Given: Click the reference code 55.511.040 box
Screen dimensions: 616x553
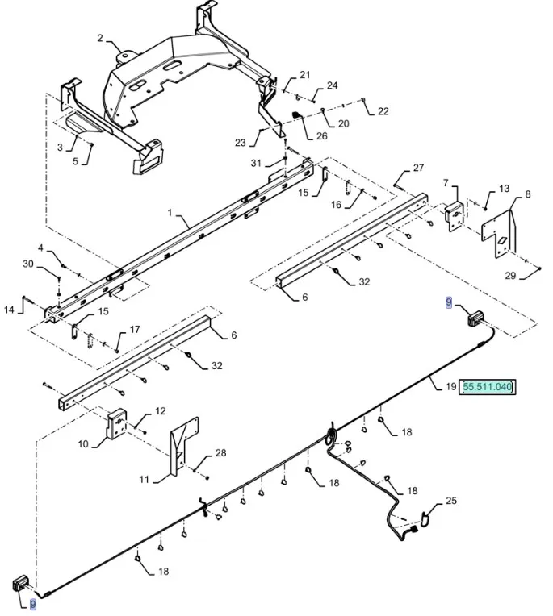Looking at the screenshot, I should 488,387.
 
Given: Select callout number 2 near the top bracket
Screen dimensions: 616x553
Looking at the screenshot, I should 100,38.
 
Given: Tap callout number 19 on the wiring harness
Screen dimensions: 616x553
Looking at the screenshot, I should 450,387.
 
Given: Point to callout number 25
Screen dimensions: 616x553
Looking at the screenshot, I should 450,501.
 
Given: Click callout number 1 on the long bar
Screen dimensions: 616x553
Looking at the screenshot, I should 170,213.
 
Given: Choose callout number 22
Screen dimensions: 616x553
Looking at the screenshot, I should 383,111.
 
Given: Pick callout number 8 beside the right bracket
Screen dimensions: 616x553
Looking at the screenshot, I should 528,194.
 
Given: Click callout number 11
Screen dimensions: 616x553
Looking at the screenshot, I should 144,480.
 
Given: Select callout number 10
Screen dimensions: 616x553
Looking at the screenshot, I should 83,444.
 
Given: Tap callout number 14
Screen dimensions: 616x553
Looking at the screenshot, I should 9,309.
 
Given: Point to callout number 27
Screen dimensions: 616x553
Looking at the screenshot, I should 418,168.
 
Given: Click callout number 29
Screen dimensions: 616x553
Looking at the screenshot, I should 509,276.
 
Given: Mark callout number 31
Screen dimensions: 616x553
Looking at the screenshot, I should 256,164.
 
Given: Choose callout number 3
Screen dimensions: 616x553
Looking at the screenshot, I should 60,148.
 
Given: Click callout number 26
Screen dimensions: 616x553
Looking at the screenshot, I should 321,136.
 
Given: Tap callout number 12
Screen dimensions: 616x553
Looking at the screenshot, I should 160,411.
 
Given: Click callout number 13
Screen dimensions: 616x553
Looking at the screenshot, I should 504,189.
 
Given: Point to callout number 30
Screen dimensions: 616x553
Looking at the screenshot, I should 27,264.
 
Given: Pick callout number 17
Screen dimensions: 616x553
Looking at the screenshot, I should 135,329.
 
